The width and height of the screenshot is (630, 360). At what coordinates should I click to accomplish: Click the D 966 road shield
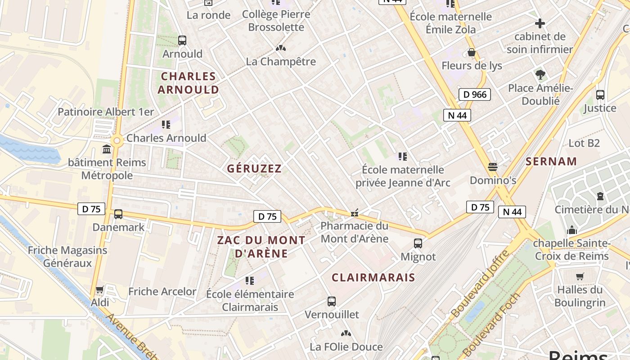tap(475, 94)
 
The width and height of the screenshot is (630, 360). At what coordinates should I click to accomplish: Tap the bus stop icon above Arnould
tap(182, 40)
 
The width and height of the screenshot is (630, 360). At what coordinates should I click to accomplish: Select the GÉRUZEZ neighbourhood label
tap(254, 169)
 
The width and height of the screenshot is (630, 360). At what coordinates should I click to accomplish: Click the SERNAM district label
tap(551, 161)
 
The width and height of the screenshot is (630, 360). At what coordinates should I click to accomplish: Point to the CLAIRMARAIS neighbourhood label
tap(373, 277)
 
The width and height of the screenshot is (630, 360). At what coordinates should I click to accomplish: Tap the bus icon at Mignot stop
tap(418, 243)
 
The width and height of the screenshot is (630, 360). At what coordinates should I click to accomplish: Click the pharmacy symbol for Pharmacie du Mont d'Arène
tap(355, 212)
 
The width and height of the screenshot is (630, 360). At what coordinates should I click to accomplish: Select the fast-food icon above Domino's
tap(493, 167)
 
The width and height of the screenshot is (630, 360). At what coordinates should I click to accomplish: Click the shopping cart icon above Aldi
tap(100, 289)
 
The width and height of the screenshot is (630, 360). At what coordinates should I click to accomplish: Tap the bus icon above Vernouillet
tap(332, 301)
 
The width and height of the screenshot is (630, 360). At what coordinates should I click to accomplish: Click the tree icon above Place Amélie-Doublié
tap(540, 74)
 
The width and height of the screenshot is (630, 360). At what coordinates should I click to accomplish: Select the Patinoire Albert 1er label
tap(106, 112)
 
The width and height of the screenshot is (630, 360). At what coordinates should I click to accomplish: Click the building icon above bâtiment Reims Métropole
tap(107, 149)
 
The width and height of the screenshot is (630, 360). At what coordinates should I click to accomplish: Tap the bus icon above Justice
tap(600, 95)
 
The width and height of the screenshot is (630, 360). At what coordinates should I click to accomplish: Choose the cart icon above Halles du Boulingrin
tap(580, 276)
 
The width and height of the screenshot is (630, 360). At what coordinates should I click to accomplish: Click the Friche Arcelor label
tap(162, 291)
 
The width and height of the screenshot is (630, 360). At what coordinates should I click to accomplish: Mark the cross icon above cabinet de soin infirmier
tap(540, 23)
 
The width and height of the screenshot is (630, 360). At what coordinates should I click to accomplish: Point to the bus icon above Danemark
tap(118, 214)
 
